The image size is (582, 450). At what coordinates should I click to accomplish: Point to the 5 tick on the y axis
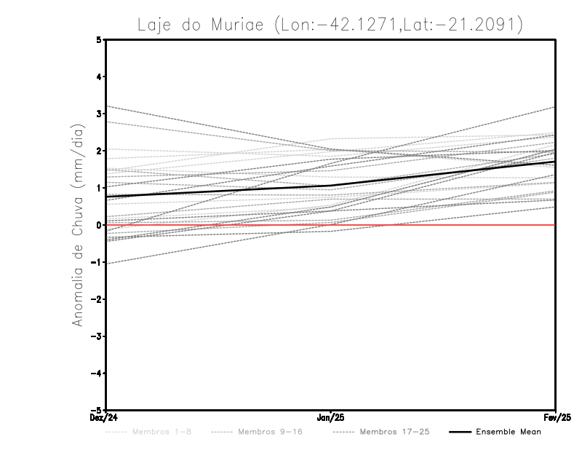99,39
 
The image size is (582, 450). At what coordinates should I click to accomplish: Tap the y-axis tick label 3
99,114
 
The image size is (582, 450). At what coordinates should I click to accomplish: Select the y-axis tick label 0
99,225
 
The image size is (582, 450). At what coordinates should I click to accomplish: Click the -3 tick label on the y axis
97,336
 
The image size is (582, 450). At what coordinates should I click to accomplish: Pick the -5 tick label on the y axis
97,410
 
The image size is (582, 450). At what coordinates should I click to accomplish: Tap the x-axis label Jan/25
331,418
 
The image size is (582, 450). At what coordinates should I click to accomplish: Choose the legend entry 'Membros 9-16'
271,432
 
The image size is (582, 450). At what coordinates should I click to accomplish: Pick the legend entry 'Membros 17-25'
394,432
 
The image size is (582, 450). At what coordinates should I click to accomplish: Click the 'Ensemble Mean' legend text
509,432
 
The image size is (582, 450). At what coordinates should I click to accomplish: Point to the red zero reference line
436,225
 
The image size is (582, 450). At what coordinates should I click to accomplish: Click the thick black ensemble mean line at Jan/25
331,186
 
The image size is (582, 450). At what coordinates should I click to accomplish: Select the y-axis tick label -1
97,262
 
